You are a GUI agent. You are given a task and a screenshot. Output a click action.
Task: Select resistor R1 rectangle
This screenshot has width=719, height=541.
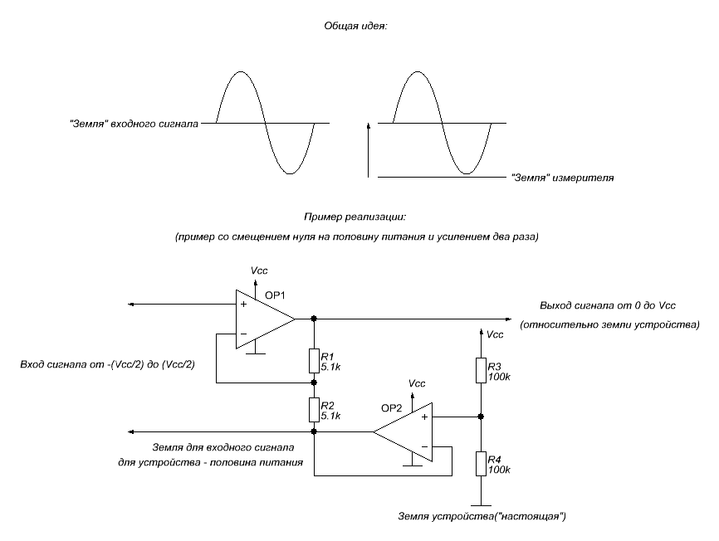[x=314, y=360]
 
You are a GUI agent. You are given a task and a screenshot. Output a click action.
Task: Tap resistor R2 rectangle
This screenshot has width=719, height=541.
[x=314, y=409]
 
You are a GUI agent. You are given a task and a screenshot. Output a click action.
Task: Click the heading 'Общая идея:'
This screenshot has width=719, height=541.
[x=357, y=26]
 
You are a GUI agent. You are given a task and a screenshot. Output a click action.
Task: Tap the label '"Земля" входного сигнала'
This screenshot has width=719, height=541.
[x=134, y=124]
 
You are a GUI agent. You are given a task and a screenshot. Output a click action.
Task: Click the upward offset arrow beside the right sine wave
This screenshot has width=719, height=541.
[x=367, y=149]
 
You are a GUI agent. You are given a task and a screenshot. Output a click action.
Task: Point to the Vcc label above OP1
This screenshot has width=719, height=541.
[x=259, y=270]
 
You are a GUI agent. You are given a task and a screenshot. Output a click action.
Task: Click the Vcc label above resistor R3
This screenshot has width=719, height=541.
[x=495, y=335]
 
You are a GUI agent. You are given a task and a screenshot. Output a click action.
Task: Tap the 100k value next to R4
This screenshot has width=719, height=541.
[x=499, y=470]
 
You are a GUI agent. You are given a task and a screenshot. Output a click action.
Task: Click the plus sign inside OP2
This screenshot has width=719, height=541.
[x=424, y=417]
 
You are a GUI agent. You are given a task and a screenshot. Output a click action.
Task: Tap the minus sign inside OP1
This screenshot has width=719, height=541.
[x=243, y=334]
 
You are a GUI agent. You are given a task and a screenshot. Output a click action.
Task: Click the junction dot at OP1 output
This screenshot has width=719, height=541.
[x=314, y=319]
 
